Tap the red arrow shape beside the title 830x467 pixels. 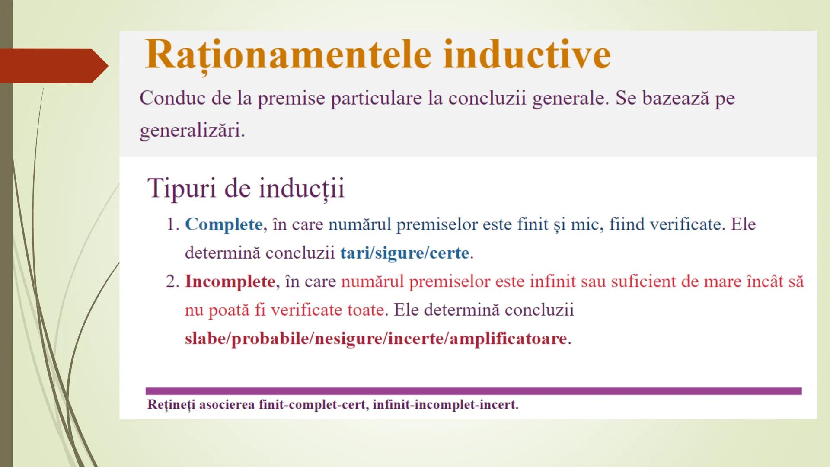52,66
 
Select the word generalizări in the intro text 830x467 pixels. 192,130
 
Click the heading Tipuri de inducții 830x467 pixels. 246,189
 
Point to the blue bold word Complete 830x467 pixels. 223,224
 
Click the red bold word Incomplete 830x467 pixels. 230,281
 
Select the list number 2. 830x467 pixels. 172,281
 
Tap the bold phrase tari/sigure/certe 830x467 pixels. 404,253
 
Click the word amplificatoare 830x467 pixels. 508,338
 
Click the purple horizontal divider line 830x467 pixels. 473,391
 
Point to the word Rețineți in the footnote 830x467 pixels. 171,405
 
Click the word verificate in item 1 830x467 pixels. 687,224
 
